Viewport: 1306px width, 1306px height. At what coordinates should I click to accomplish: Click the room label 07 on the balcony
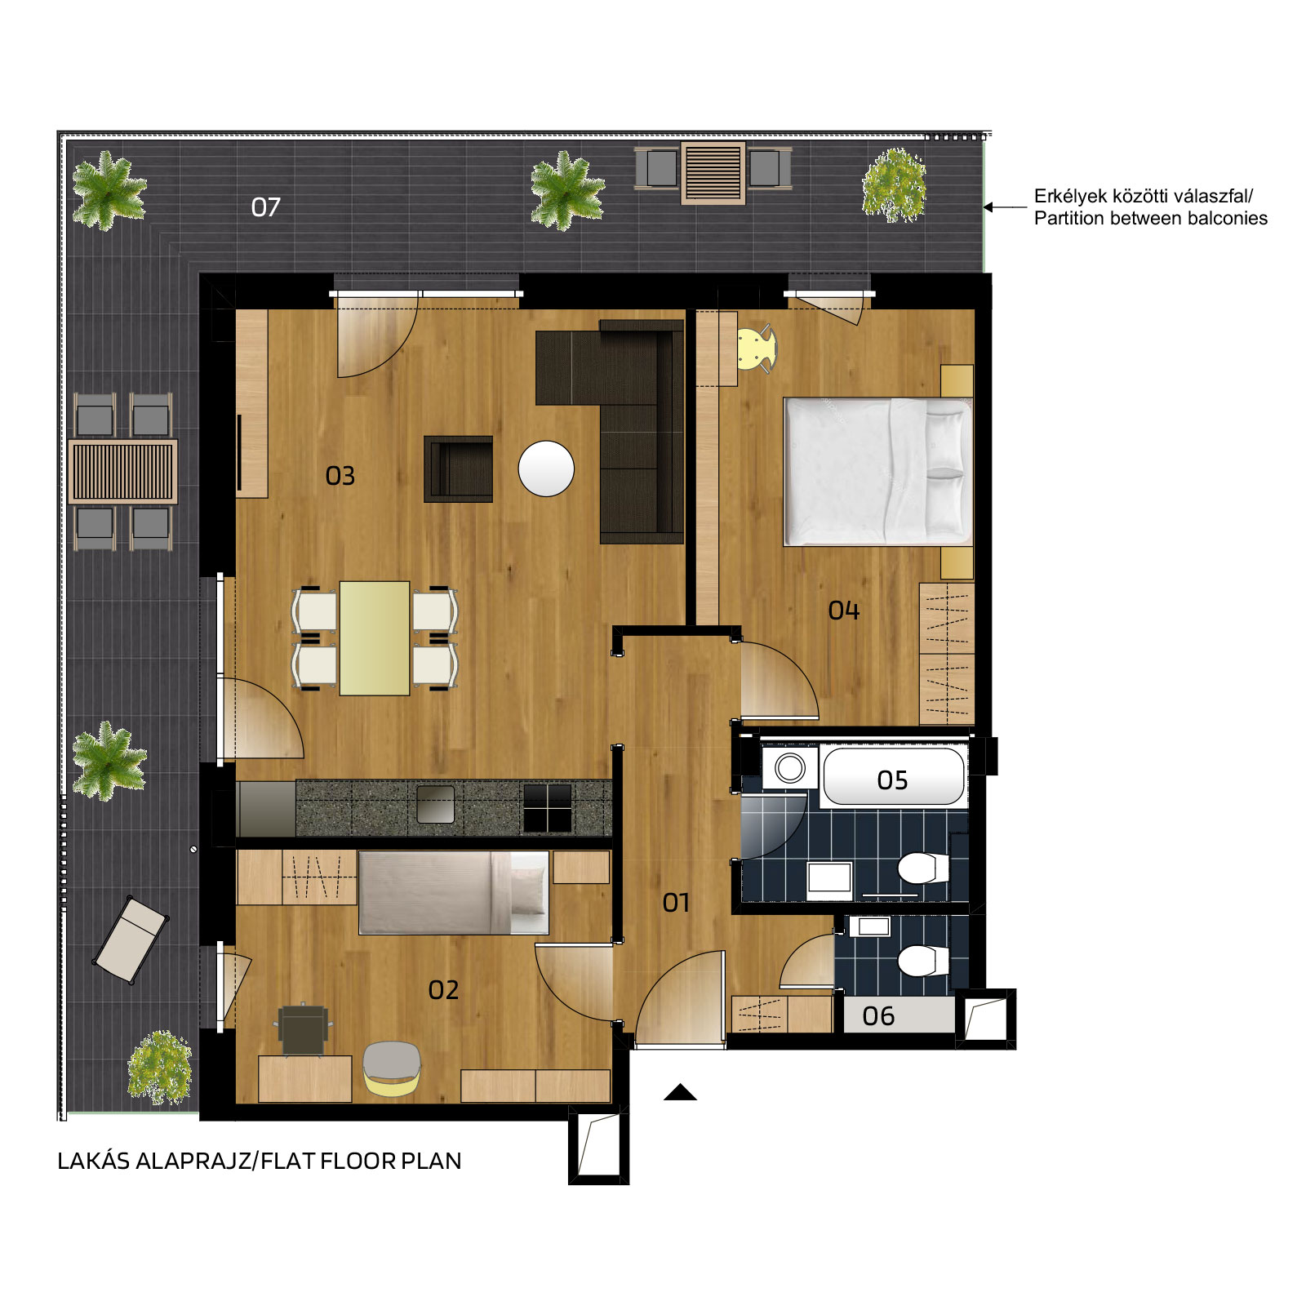pyautogui.click(x=265, y=207)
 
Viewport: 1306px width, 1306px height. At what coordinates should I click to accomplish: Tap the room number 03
pyautogui.click(x=340, y=476)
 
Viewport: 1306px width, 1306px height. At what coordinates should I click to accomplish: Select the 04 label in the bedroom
pyautogui.click(x=843, y=611)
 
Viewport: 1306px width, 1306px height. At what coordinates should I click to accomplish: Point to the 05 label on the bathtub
pyautogui.click(x=892, y=780)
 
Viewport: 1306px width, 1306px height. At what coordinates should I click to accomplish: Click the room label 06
pyautogui.click(x=878, y=1016)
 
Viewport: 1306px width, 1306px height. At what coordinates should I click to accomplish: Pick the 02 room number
pyautogui.click(x=443, y=990)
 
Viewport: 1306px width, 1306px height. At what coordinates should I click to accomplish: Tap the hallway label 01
pyautogui.click(x=676, y=903)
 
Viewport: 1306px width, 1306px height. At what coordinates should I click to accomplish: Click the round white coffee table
pyautogui.click(x=546, y=469)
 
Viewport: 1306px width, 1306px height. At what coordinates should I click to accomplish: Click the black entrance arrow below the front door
pyautogui.click(x=680, y=1092)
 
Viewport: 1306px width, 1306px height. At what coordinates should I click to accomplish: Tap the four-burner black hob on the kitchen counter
pyautogui.click(x=547, y=807)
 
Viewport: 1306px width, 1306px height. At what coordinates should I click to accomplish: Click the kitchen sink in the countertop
pyautogui.click(x=435, y=805)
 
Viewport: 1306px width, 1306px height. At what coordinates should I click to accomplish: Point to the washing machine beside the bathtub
pyautogui.click(x=789, y=767)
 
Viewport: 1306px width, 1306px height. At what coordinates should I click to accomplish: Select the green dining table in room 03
pyautogui.click(x=375, y=638)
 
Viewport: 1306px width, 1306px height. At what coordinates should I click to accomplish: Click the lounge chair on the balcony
pyautogui.click(x=131, y=940)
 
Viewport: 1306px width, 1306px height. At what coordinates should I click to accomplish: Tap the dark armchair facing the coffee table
pyautogui.click(x=458, y=469)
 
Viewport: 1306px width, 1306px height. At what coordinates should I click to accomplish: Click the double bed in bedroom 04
pyautogui.click(x=878, y=472)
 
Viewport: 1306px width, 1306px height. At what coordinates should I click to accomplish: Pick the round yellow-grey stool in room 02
pyautogui.click(x=392, y=1068)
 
